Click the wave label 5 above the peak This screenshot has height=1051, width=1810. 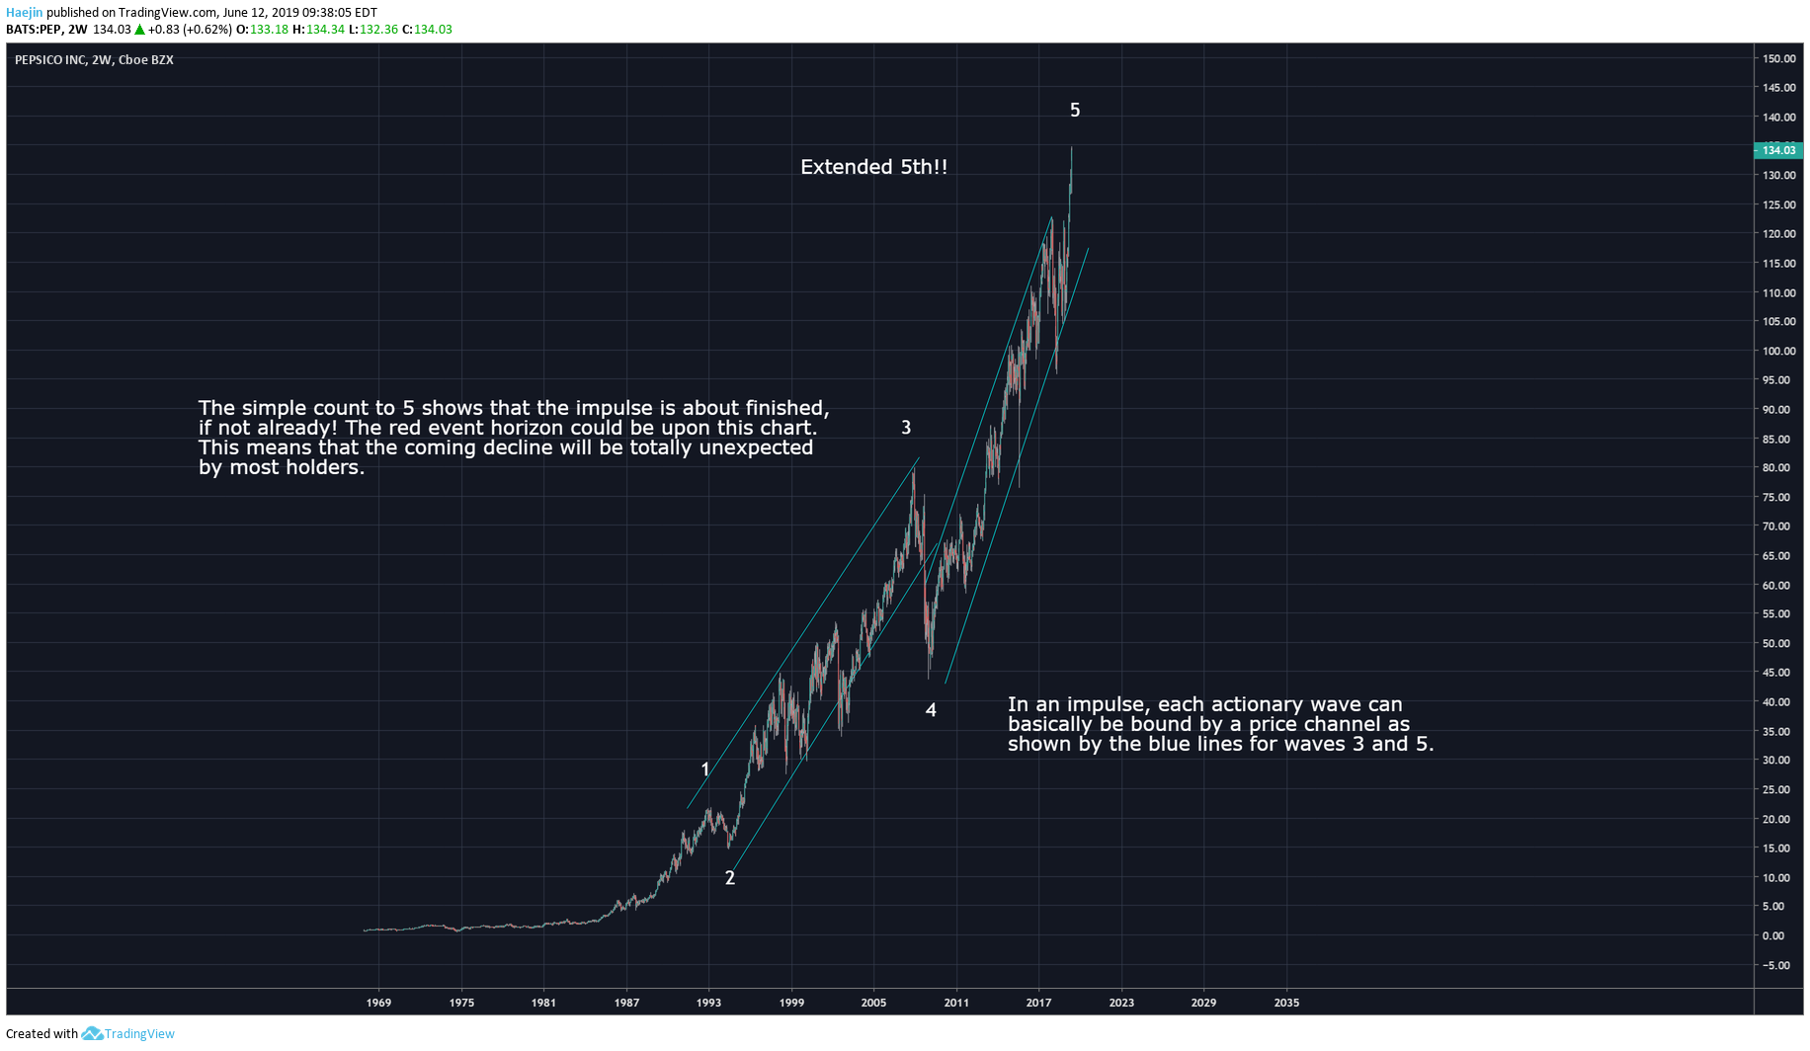pos(1075,111)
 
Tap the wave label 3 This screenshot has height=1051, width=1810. pos(906,428)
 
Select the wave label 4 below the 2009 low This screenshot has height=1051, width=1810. pos(931,710)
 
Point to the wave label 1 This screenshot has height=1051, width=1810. pos(705,769)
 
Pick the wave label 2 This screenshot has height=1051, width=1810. pos(730,878)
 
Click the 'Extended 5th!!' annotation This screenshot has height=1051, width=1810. pos(873,167)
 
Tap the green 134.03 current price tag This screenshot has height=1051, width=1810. pos(1778,150)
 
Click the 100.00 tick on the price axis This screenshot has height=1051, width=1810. pos(1779,352)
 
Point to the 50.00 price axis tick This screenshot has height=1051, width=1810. pos(1776,644)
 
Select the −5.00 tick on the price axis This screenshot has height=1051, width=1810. pos(1776,966)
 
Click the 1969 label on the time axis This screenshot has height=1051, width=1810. pos(378,1004)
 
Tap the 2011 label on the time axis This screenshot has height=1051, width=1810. pos(956,1004)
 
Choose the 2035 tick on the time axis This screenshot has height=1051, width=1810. pos(1286,1004)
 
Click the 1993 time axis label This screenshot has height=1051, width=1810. pos(708,1004)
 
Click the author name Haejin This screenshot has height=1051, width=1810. pos(25,13)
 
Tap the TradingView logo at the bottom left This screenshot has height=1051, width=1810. pos(127,1034)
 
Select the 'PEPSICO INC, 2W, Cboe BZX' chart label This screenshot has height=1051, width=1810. pos(94,60)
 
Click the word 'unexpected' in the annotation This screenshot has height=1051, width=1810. pos(756,447)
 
